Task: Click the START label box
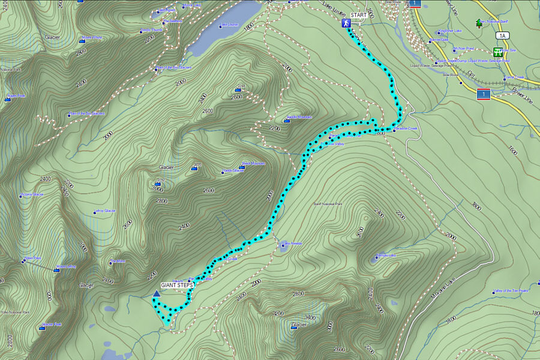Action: [358, 14]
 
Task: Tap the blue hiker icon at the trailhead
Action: [346, 23]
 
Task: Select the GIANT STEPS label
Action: [176, 285]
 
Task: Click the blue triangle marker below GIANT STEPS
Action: [157, 293]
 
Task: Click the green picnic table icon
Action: [498, 52]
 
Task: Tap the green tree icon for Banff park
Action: [479, 23]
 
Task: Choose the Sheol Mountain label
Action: [253, 163]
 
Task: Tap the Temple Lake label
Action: [386, 255]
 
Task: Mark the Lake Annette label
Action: [292, 243]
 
